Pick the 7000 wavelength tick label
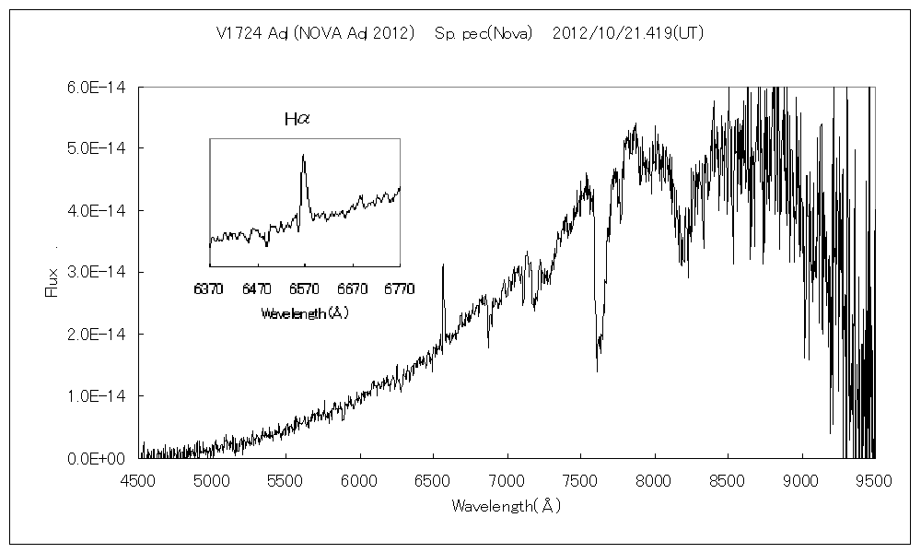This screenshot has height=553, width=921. point(507,479)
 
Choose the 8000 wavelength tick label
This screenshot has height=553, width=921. point(655,479)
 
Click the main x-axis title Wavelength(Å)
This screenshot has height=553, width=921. point(507,506)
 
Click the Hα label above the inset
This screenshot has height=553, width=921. point(297,119)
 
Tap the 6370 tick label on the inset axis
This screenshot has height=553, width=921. point(209,288)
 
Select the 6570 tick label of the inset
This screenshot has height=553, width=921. point(303,288)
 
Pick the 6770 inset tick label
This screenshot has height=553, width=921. point(398,288)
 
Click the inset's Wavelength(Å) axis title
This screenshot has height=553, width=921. point(304,313)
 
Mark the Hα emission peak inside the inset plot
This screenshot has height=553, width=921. point(303,156)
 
